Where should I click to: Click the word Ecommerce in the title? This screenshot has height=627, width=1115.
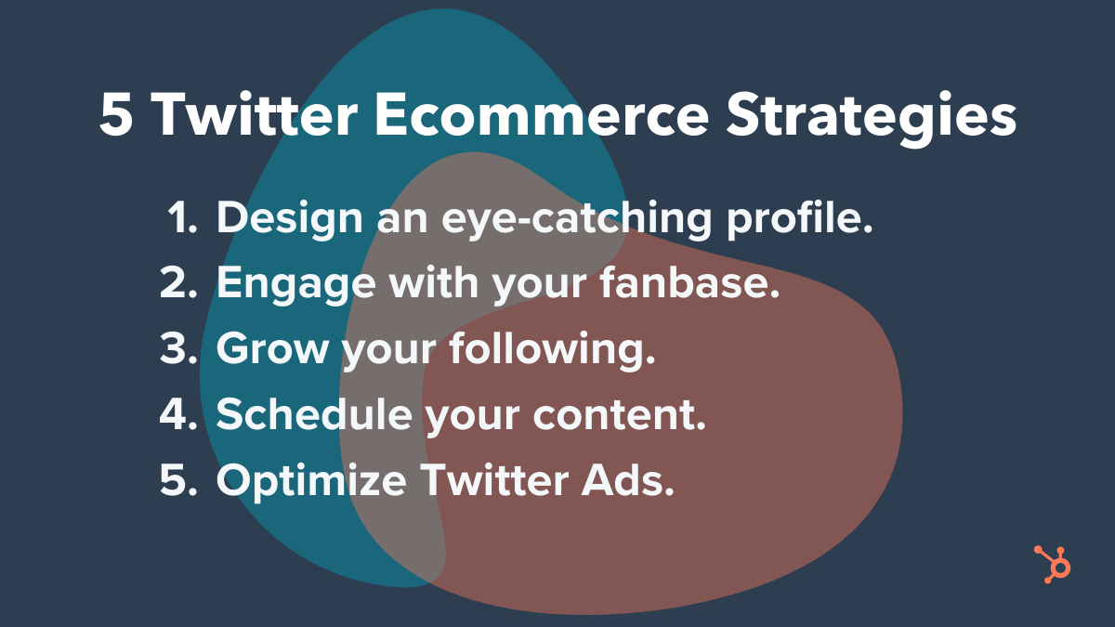pos(542,114)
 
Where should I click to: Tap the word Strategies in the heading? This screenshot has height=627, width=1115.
pos(872,119)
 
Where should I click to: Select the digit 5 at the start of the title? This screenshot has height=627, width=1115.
pos(116,115)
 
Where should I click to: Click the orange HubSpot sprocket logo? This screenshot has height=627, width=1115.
pos(1052,565)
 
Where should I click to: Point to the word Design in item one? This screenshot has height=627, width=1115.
pos(290,219)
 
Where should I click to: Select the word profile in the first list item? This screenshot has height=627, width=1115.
pos(800,219)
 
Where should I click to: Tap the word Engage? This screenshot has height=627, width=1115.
pos(296,285)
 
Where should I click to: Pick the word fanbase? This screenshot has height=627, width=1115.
pos(689,282)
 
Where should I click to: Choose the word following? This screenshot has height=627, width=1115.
pos(553,350)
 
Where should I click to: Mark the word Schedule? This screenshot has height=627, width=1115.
pos(315,413)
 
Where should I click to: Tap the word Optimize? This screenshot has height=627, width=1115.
pos(311,482)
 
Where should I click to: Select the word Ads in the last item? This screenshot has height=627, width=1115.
pos(628,479)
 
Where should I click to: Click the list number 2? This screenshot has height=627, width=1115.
pos(178,282)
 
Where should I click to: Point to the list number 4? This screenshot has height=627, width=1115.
pos(178,413)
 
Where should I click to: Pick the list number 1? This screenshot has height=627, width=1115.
pos(182,217)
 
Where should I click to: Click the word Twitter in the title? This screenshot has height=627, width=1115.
pos(255,114)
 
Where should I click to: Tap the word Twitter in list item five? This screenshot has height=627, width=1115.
pos(494,479)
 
